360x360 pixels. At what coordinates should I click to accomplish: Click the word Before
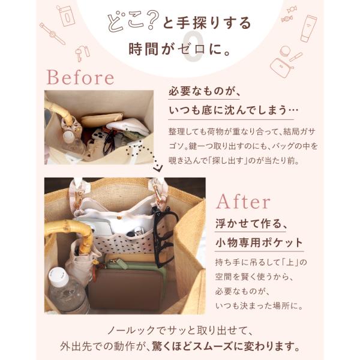click(x=80, y=77)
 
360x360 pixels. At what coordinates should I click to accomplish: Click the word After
click(x=243, y=202)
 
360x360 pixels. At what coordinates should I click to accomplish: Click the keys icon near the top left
click(x=82, y=53)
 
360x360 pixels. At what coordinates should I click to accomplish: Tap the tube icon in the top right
click(x=308, y=28)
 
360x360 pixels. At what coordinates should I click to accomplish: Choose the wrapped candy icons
click(x=289, y=14)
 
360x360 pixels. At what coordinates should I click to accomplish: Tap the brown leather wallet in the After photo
click(x=126, y=287)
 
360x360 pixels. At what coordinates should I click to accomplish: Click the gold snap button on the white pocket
click(x=119, y=217)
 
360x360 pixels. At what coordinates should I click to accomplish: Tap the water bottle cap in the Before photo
click(x=68, y=136)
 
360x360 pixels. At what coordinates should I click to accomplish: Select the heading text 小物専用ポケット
click(x=259, y=242)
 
